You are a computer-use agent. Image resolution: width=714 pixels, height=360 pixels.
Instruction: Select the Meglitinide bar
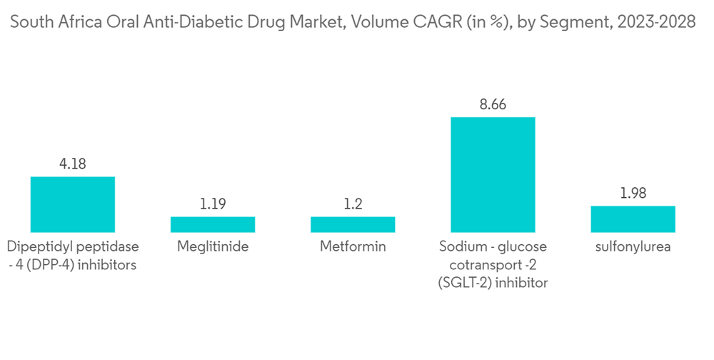tap(213, 224)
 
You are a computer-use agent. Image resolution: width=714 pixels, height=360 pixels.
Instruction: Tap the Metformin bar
tap(353, 224)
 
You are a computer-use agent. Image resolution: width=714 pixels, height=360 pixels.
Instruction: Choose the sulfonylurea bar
tap(633, 219)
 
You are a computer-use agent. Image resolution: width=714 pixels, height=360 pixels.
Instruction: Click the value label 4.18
tap(73, 164)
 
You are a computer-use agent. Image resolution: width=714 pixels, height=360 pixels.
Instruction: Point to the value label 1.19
tap(213, 204)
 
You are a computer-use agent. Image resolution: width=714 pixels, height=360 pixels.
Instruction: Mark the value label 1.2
tap(353, 204)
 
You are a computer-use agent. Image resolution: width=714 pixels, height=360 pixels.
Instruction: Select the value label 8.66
tap(493, 104)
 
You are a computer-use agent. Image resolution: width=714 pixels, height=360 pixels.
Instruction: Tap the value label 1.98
tap(633, 193)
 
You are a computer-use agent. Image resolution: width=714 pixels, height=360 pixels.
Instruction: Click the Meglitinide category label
tap(213, 247)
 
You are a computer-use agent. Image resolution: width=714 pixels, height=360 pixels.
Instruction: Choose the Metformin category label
tap(353, 247)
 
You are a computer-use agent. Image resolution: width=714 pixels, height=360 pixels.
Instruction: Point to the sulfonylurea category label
tap(633, 247)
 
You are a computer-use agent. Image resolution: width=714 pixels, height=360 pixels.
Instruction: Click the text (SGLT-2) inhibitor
tap(493, 283)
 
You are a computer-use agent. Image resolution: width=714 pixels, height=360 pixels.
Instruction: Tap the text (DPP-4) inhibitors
tap(81, 265)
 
